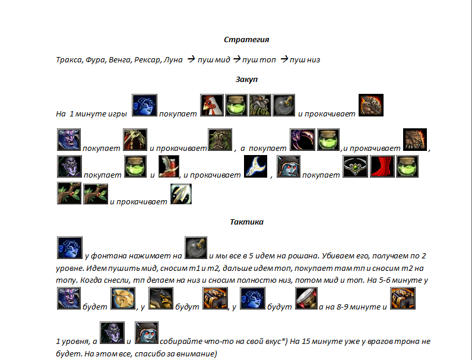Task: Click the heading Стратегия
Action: pyautogui.click(x=246, y=40)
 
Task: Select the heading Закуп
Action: pyautogui.click(x=246, y=80)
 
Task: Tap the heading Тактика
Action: pyautogui.click(x=246, y=222)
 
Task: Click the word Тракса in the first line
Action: pyautogui.click(x=69, y=60)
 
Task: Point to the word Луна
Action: pyautogui.click(x=173, y=60)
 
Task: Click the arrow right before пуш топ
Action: pyautogui.click(x=237, y=59)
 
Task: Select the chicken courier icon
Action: pyautogui.click(x=212, y=105)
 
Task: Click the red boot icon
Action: pyautogui.click(x=382, y=166)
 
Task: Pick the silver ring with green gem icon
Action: pyautogui.click(x=355, y=166)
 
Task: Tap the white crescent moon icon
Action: pyautogui.click(x=255, y=166)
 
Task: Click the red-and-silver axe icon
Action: pyautogui.click(x=169, y=166)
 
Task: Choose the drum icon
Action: pyautogui.click(x=306, y=298)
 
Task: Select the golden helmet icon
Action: pyautogui.click(x=123, y=298)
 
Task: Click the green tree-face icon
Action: pyautogui.click(x=220, y=140)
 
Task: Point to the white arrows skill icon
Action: pyautogui.click(x=181, y=194)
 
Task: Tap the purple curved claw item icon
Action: pyautogui.click(x=303, y=140)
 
